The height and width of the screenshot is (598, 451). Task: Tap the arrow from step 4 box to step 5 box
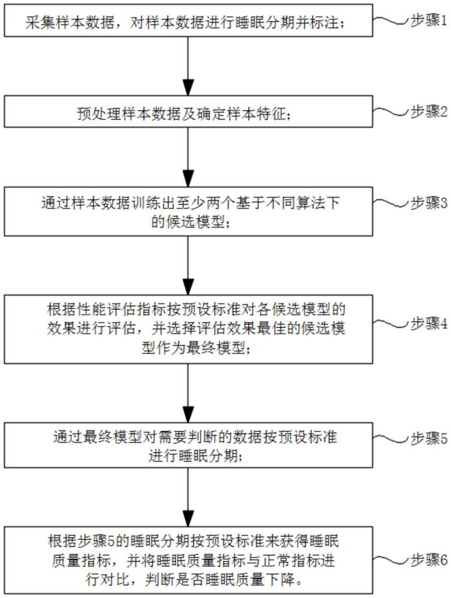pos(188,392)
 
